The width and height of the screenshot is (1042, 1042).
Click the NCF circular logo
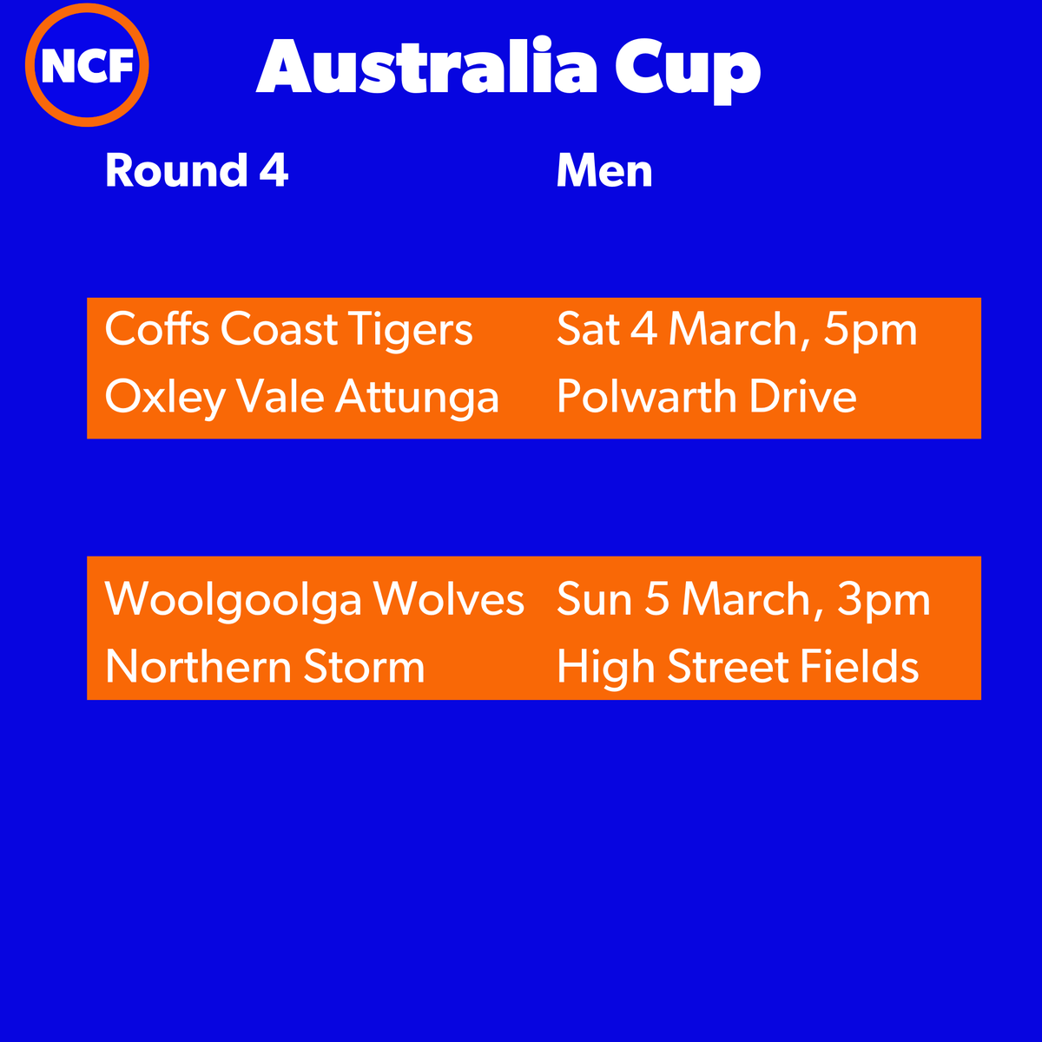pos(87,66)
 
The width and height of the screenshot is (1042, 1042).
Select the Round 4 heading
pos(196,171)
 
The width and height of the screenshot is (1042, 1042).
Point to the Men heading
pos(604,171)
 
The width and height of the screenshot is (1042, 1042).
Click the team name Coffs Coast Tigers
pos(288,330)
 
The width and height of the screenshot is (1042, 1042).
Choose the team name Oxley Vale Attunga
pos(301,398)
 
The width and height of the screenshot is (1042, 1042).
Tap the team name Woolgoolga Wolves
pos(314,599)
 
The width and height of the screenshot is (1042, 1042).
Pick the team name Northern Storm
pos(265,667)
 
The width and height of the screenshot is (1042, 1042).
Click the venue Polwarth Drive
pos(706,398)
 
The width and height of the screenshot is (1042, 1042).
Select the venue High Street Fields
pos(737,667)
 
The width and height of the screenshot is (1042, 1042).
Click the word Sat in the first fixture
pos(587,330)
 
